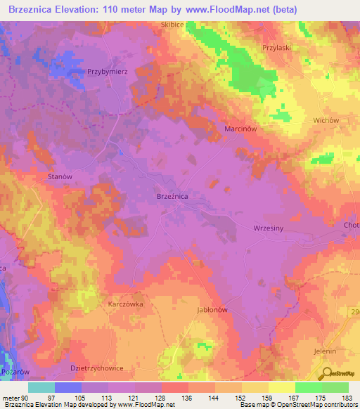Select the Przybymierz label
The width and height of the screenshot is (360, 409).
point(106,72)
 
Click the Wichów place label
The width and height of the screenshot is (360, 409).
point(326,120)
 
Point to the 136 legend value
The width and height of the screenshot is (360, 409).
point(187,398)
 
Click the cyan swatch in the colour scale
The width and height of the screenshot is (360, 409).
point(41,387)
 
